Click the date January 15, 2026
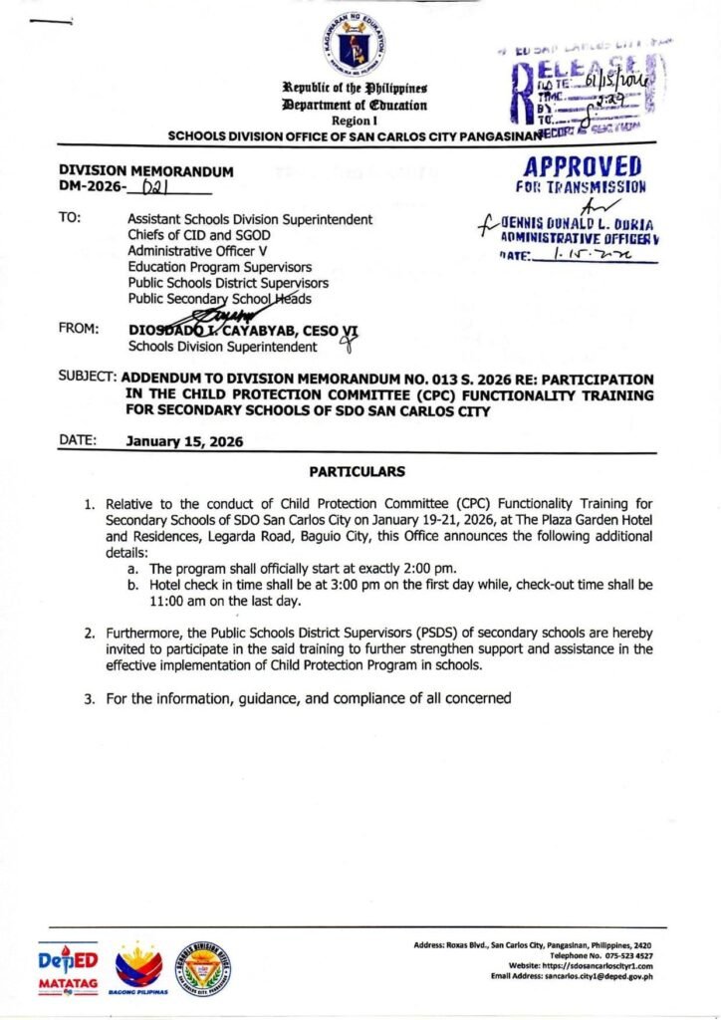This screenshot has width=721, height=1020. pos(184,441)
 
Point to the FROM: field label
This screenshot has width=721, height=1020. pos(79,326)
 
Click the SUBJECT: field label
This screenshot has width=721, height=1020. pos(88,380)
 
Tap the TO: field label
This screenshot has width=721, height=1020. pos(70,218)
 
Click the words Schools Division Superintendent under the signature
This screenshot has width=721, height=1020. pos(222,347)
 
